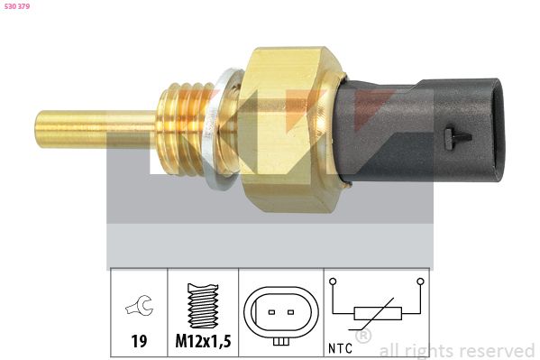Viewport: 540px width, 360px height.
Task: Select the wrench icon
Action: pos(139,308)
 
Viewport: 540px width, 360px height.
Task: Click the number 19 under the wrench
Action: pos(138,342)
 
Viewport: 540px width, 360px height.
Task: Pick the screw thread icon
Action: pos(203,307)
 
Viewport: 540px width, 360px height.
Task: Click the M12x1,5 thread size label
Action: pos(203,342)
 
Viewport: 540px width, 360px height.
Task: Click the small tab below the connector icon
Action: pos(281,342)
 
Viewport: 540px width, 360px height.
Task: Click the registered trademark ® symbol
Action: pos(364,337)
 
